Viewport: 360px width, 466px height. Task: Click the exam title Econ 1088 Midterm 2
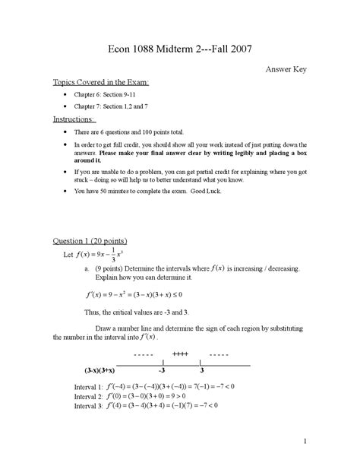coord(179,49)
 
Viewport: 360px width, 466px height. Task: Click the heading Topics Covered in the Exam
coord(100,81)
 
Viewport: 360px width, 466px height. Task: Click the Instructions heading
coord(74,119)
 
